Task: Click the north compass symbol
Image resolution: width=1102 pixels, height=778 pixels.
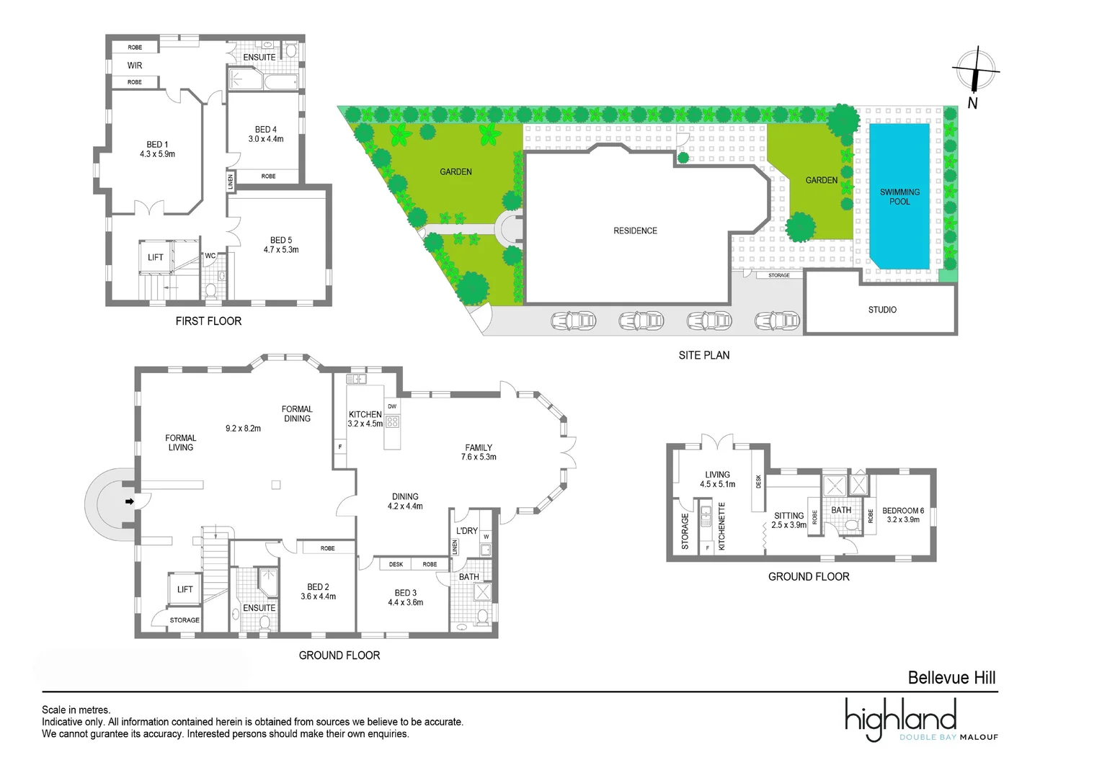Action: point(975,71)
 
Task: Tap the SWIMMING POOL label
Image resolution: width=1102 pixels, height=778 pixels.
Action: point(899,197)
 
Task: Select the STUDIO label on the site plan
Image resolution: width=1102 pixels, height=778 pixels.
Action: point(882,310)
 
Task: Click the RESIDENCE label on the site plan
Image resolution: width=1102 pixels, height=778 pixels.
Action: point(635,231)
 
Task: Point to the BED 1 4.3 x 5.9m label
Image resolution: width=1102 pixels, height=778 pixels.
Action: point(157,149)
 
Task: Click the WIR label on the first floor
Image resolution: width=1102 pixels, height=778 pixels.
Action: point(135,66)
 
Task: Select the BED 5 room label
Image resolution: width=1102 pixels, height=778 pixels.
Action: point(281,245)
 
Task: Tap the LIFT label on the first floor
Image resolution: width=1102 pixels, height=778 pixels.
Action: point(156,257)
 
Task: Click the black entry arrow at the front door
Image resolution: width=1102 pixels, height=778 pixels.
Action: point(130,501)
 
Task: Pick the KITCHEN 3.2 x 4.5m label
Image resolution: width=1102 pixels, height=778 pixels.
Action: point(365,419)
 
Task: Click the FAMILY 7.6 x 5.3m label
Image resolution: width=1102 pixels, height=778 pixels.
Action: point(479,452)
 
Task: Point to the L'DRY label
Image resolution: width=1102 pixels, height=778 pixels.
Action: point(467,531)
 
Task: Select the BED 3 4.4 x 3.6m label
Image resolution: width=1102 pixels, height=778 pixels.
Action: point(405,598)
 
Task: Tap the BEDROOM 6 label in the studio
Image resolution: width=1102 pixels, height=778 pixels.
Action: point(903,515)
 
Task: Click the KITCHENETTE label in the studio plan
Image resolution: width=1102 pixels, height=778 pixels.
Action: point(721,527)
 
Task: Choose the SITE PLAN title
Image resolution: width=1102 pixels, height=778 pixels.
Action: point(703,355)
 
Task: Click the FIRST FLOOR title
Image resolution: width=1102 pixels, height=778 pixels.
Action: point(208,321)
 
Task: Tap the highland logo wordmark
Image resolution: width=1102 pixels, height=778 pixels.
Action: point(901,718)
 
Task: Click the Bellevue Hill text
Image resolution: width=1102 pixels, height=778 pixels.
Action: point(951,678)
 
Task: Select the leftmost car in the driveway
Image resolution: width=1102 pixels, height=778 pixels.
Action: point(574,321)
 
